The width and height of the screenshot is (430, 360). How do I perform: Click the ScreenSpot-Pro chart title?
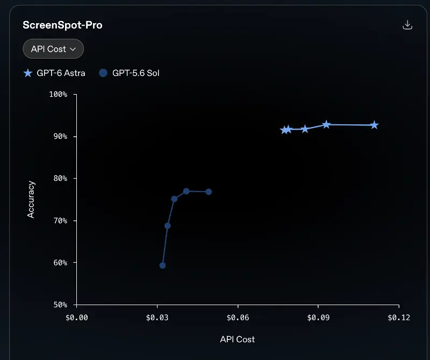pos(62,25)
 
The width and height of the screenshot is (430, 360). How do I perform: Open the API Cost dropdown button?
pos(53,49)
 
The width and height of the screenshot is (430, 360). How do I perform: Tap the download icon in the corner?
pos(407,25)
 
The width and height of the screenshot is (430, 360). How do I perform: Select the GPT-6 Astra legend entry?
pos(54,73)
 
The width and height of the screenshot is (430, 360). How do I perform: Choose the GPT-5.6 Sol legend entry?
pos(129,73)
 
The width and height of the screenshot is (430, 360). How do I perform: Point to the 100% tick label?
pos(58,94)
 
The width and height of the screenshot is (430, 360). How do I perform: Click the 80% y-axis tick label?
pos(60,179)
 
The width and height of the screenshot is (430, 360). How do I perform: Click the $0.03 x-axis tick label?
pos(157,317)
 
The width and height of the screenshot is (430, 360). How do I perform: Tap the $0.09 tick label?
pos(318,317)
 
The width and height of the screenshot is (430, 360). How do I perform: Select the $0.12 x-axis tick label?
pos(399,317)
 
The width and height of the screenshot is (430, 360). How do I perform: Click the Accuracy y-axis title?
pos(31,199)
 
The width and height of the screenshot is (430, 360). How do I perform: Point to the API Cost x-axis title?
pos(238,340)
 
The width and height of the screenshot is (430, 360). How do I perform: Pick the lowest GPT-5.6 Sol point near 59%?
pos(162,265)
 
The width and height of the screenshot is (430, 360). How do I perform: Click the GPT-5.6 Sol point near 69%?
pos(168,225)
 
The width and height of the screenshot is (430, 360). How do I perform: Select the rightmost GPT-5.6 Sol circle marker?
pos(209,192)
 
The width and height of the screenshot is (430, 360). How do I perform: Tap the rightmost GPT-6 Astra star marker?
pos(374,125)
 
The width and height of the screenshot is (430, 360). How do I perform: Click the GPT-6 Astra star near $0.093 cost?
pos(326,125)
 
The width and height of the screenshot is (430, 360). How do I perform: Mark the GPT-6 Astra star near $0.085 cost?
pos(305,129)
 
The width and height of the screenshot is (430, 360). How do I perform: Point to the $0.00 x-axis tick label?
pos(77,317)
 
